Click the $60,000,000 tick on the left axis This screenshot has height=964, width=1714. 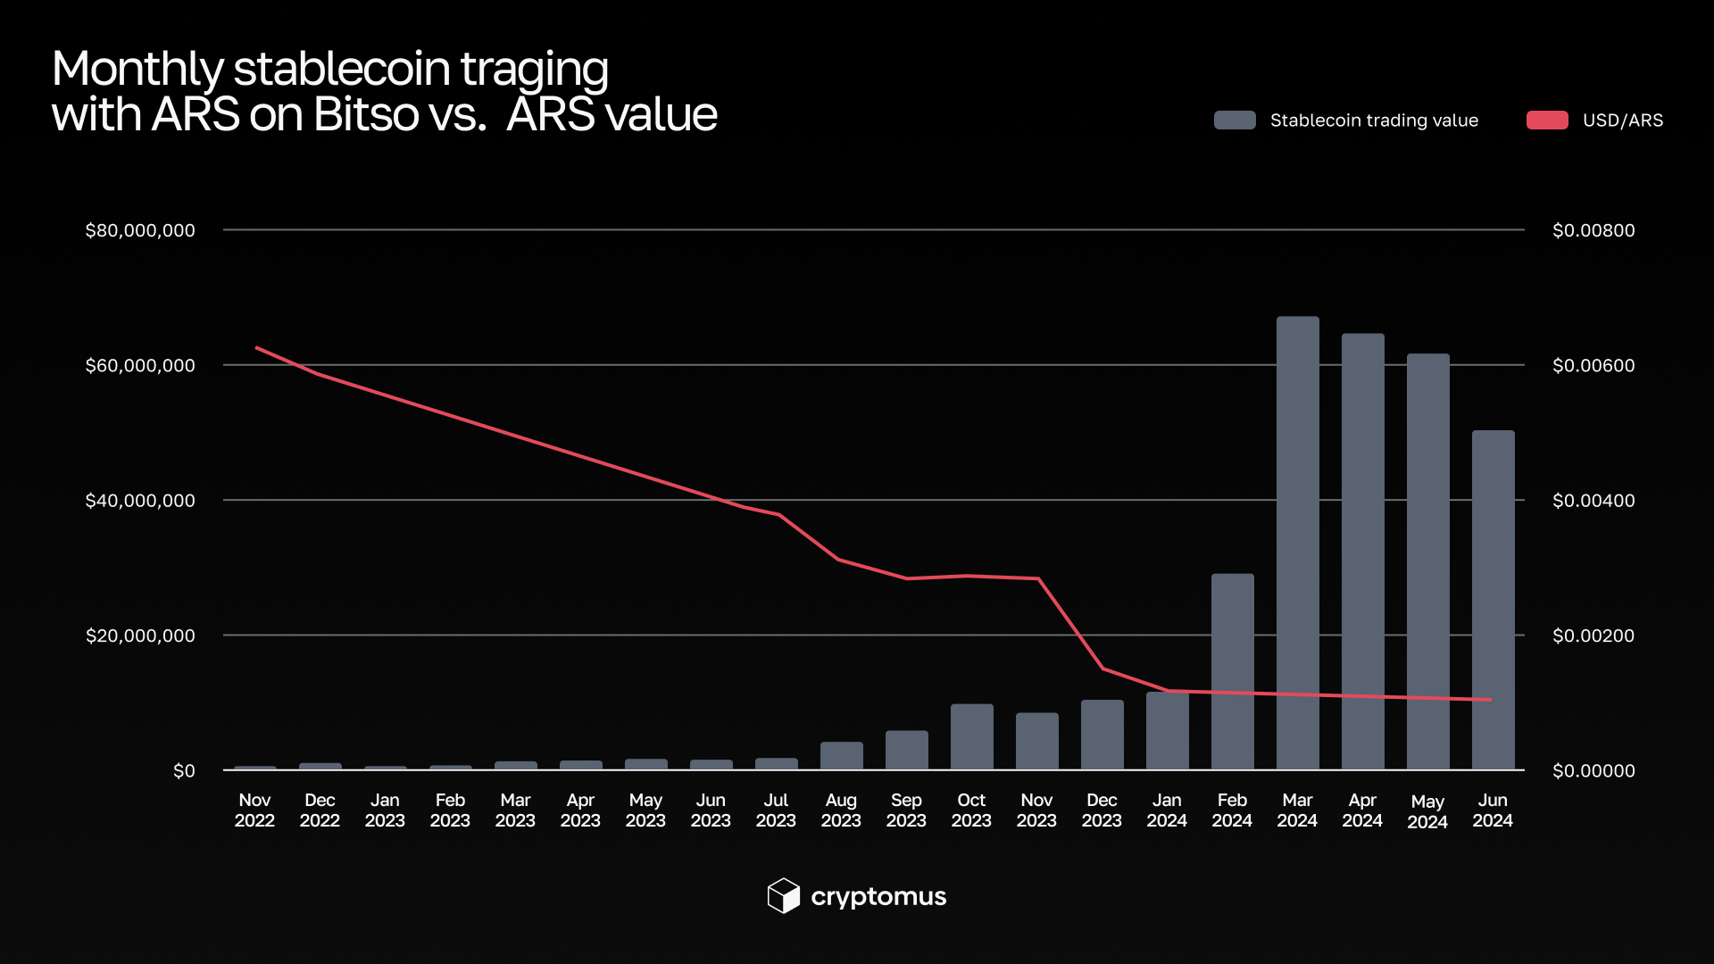(140, 365)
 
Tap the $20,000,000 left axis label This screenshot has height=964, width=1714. (140, 636)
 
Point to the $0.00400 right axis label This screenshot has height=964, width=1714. (1593, 501)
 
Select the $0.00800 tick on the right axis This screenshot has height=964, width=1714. (1593, 230)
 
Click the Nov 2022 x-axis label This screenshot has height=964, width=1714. (254, 810)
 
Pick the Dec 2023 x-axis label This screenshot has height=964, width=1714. (1102, 810)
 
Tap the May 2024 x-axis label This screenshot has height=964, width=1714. (1427, 811)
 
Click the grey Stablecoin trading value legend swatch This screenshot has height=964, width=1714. (1235, 120)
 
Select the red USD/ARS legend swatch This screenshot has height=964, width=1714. (1547, 120)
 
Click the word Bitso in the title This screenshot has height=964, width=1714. (367, 114)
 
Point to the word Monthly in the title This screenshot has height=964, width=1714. (137, 69)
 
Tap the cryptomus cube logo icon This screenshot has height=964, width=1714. (783, 896)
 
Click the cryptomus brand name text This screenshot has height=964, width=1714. (878, 897)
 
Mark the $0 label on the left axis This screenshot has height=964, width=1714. (184, 771)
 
